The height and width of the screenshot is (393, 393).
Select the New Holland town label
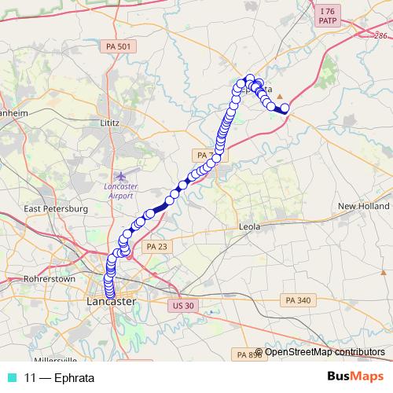[363, 206]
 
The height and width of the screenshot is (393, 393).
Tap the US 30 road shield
[182, 302]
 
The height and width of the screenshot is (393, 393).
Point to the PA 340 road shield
[299, 299]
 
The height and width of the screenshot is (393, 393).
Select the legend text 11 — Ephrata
[59, 377]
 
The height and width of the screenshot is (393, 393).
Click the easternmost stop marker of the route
[285, 108]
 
